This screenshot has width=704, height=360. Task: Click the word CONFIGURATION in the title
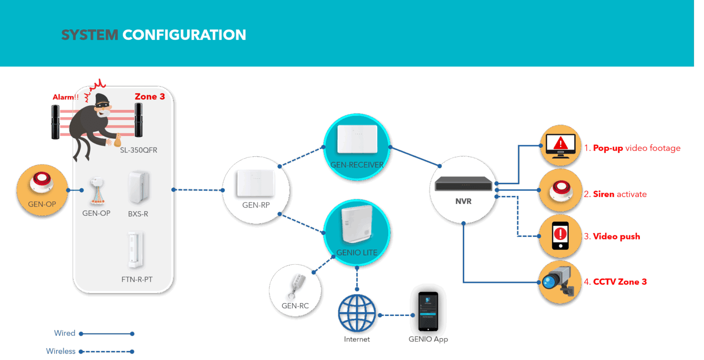184,35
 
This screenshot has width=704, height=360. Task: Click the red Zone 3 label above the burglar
149,97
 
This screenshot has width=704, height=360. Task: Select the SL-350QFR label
138,150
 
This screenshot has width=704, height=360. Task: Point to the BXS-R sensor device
138,187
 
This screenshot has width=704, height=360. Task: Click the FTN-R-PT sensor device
136,250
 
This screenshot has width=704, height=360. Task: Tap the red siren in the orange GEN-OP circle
42,182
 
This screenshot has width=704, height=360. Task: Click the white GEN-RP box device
255,183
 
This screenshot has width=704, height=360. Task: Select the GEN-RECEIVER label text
357,164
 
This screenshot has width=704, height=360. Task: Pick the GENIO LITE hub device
357,224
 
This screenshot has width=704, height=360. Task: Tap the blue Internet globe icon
357,313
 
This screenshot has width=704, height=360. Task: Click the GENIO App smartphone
428,311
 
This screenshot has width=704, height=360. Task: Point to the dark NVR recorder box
463,184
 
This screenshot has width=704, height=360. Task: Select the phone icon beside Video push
561,235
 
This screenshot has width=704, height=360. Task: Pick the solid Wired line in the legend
106,333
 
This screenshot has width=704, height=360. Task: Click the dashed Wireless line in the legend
106,351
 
